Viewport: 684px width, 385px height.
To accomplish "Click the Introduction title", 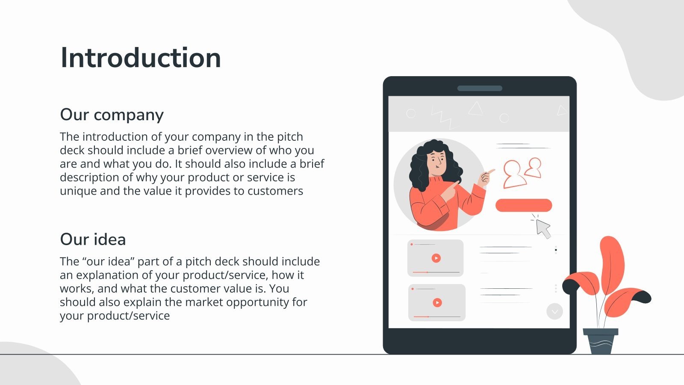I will (x=141, y=58).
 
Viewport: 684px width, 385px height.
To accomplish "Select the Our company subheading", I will (x=112, y=115).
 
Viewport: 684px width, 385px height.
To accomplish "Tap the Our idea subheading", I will (x=93, y=240).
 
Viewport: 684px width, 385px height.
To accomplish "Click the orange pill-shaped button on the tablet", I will (x=523, y=205).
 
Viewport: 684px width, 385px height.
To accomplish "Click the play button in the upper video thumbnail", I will (x=436, y=258).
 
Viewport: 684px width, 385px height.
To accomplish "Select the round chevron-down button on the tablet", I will (x=554, y=311).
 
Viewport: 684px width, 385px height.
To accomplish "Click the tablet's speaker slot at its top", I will (x=480, y=89).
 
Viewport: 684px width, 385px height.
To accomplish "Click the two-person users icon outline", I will (x=522, y=172).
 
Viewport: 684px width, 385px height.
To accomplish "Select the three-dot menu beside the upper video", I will (x=556, y=250).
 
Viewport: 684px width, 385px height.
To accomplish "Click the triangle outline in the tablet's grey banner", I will (x=475, y=109).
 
